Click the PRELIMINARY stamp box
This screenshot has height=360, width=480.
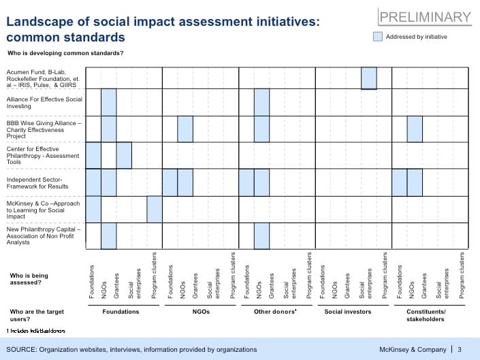coord(425,17)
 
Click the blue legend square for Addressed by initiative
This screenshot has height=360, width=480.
coord(378,37)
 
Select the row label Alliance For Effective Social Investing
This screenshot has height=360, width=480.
coord(44,103)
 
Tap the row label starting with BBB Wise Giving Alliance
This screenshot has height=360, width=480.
coord(44,129)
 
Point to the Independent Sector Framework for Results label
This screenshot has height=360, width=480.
coord(44,182)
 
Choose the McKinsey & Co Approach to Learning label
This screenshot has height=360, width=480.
coord(44,210)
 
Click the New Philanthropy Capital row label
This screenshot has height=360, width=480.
coord(44,235)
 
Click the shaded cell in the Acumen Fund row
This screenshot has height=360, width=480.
coord(369,78)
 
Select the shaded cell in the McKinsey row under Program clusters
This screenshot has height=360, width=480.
coord(155,209)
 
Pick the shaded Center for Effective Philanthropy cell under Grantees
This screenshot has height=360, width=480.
coord(124,155)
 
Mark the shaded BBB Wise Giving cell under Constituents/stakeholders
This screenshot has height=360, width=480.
coord(415,129)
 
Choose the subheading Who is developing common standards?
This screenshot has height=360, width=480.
coord(65,52)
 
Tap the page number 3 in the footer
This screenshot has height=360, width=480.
coord(460,349)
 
